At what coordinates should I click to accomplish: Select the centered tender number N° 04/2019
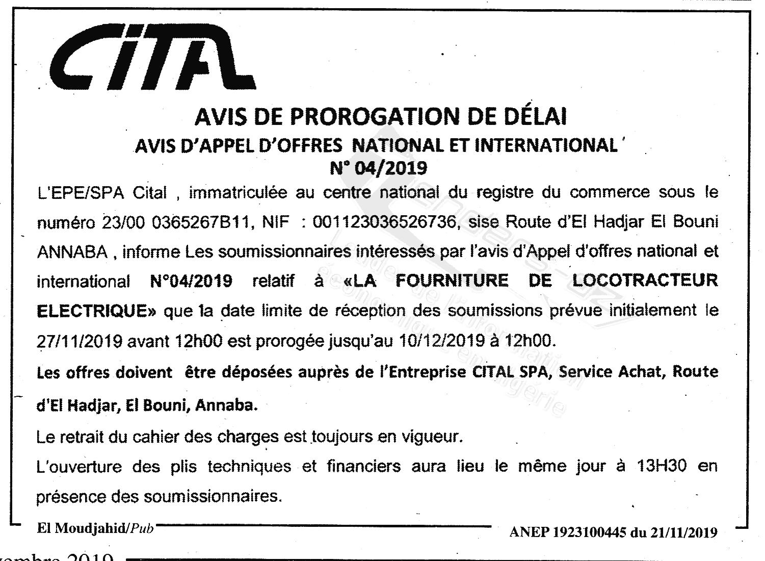tap(378, 167)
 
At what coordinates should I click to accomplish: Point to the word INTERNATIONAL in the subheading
tap(546, 145)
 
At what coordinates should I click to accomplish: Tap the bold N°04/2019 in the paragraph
tap(192, 281)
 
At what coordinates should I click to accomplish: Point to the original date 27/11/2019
tap(80, 340)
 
